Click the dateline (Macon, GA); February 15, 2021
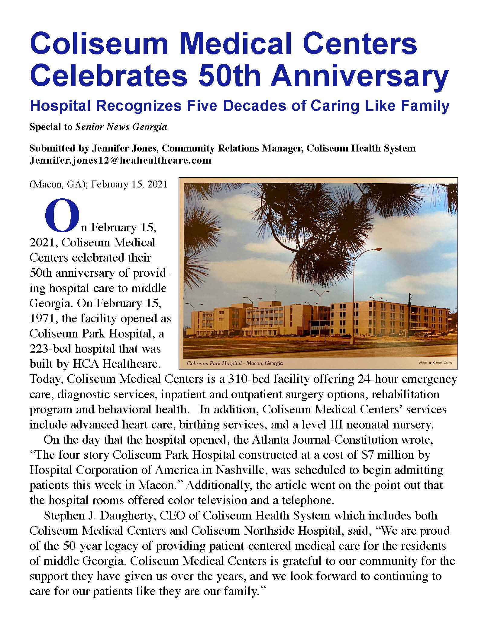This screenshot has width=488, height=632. pos(98,184)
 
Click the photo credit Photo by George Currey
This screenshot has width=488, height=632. pos(435,363)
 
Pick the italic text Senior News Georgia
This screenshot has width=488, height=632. pos(121,127)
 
